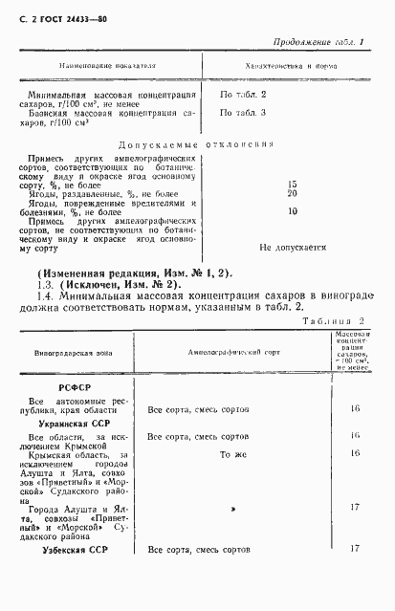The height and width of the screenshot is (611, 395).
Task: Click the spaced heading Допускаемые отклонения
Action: pyautogui.click(x=198, y=144)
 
